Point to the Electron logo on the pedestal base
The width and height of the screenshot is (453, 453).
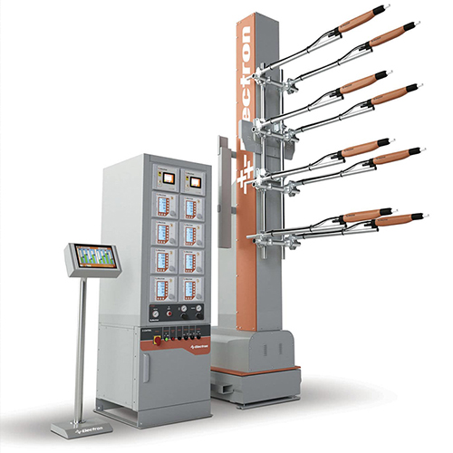tap(74, 424)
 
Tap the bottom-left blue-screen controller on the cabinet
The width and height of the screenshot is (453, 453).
tap(164, 289)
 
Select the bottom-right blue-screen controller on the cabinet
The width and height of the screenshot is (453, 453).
tap(190, 289)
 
